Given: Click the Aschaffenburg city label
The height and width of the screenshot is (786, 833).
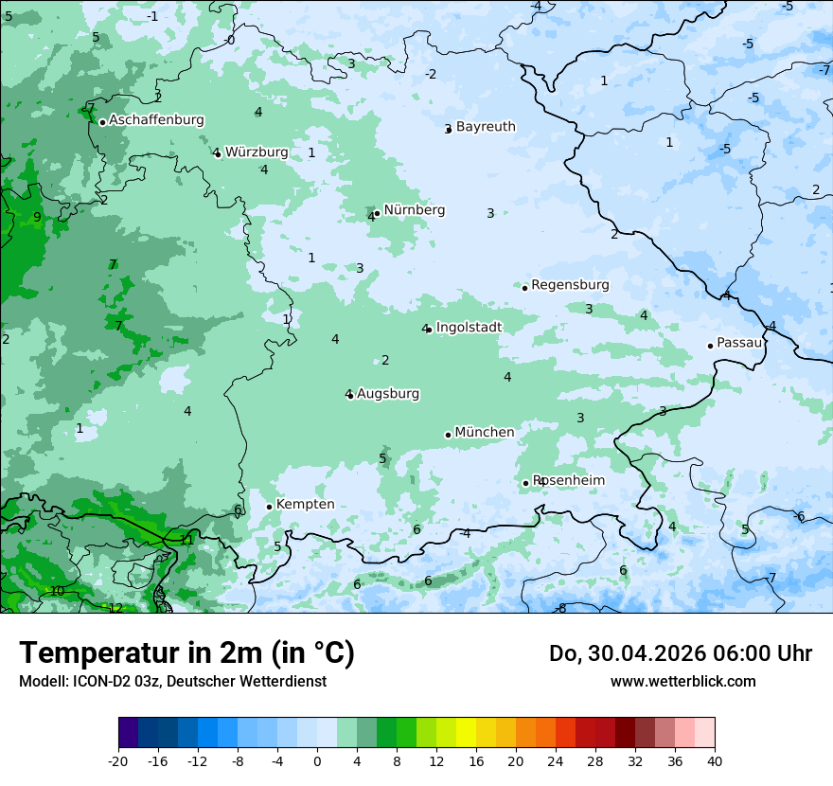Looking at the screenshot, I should (x=156, y=120).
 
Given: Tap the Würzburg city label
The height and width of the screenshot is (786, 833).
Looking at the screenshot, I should (x=257, y=152).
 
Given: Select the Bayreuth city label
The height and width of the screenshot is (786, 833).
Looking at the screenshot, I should (x=486, y=127).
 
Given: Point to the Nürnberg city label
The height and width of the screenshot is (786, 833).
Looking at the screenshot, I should (x=415, y=210).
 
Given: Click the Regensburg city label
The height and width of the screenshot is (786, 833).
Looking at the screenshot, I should (x=570, y=285).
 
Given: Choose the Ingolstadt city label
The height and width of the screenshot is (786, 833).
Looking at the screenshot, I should (x=469, y=328).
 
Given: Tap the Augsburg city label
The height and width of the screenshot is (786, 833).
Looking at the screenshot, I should (x=388, y=394).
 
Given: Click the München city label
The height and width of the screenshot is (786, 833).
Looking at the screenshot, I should (x=485, y=433).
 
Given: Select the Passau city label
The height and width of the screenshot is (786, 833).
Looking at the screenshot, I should (x=739, y=343).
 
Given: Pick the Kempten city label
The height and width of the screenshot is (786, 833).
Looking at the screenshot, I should (x=306, y=505).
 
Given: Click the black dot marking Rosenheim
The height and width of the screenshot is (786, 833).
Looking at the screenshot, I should (x=526, y=483).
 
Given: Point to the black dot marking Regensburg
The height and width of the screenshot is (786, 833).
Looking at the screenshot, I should (x=524, y=287).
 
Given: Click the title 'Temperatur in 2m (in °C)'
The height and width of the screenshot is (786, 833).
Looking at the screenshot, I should (x=186, y=653).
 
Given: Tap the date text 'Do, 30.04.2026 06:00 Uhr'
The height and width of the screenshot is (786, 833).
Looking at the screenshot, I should (x=681, y=653).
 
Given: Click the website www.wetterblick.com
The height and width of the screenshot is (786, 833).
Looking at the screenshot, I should (x=682, y=681).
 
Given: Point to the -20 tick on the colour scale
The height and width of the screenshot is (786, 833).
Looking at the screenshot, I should (x=118, y=760).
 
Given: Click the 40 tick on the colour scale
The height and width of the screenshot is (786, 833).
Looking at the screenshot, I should (x=715, y=760).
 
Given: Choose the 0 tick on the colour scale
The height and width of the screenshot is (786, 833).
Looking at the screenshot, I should (x=317, y=760).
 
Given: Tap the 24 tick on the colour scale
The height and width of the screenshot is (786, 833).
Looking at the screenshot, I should (x=556, y=760).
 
